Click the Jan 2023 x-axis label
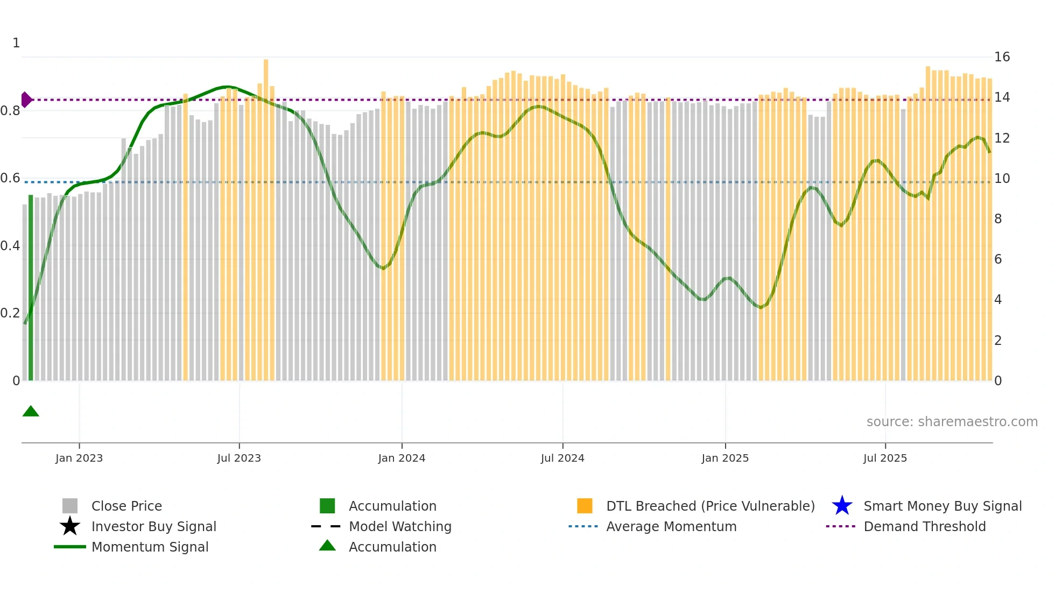point(79,458)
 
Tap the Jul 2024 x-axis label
point(562,458)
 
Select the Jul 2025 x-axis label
point(885,458)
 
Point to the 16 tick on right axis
point(1002,57)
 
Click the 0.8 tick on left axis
point(10,111)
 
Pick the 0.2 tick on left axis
point(10,313)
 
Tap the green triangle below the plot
point(31,412)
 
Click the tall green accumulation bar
point(31,288)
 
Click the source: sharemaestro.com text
point(952,422)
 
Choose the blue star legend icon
point(842,506)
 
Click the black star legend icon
point(70,526)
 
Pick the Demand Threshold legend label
point(924,526)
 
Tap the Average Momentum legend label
point(671,526)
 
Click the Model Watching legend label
point(400,526)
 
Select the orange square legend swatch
point(585,506)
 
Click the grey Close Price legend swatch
point(70,506)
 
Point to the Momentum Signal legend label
point(150,547)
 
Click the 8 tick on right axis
point(998,219)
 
